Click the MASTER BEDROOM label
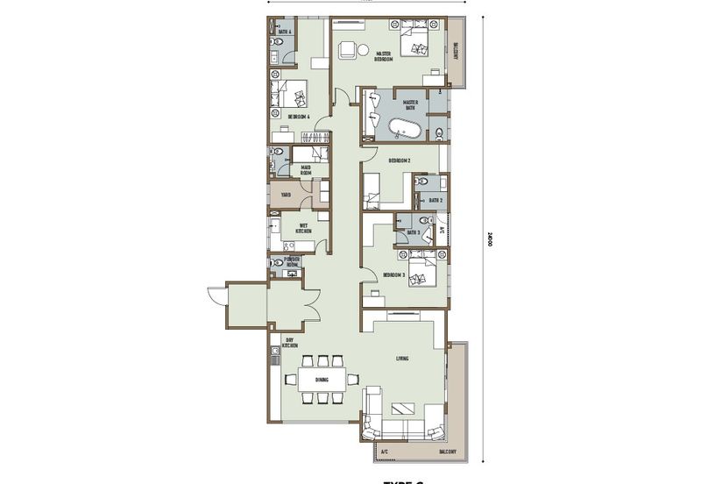pos(383,56)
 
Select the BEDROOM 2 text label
pos(400,160)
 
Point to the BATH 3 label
pos(412,232)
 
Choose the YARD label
pos(286,195)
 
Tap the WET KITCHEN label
pos(303,227)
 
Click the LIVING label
pos(401,358)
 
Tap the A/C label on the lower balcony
pos(383,452)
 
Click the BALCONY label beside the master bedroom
pos(457,55)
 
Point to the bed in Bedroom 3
pos(424,270)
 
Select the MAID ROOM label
pos(306,170)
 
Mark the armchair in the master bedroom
pos(348,50)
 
